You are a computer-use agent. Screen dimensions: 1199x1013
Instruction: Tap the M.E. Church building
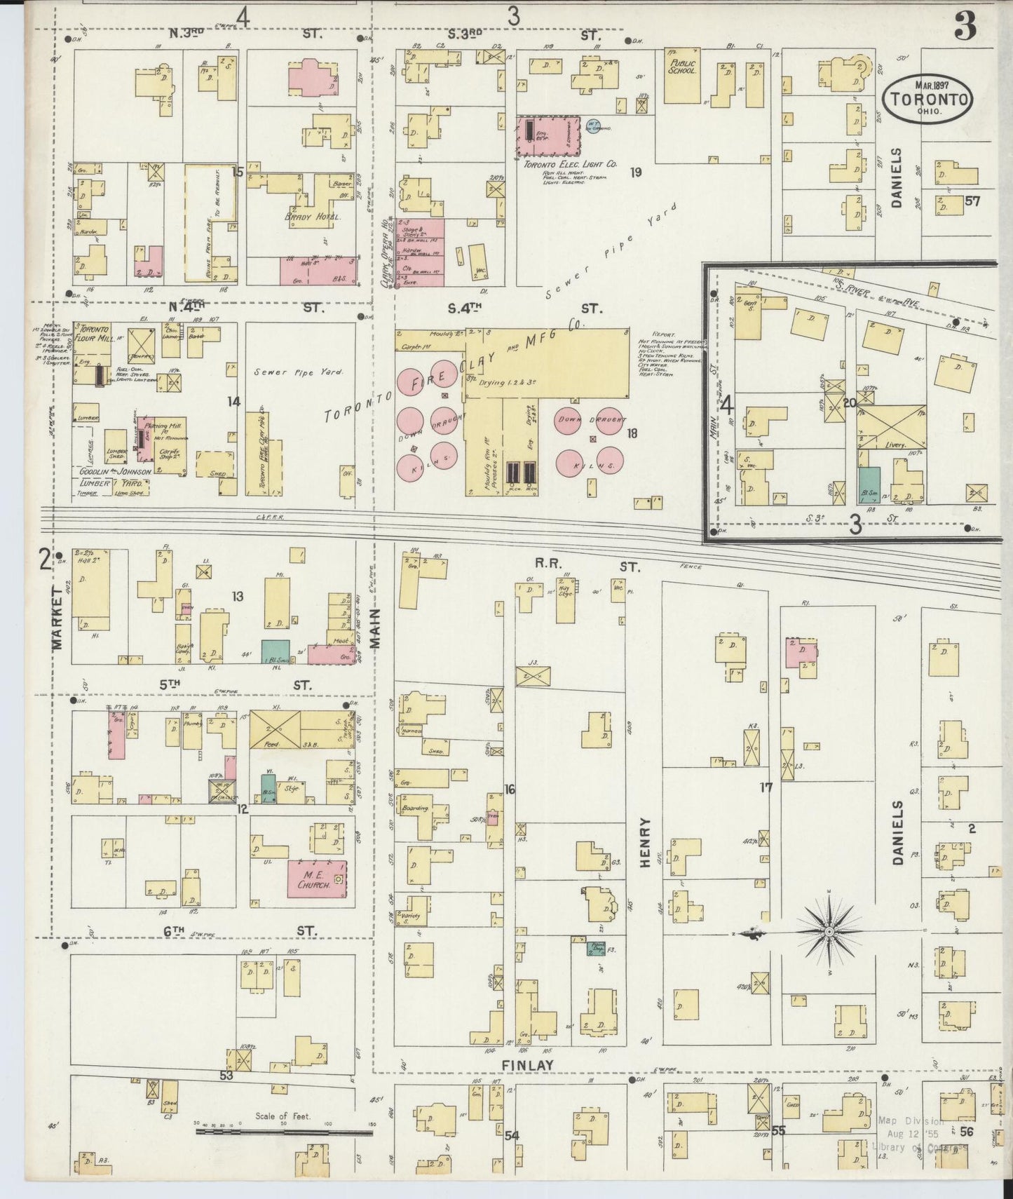(315, 879)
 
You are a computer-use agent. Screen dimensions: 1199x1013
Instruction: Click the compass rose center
(829, 932)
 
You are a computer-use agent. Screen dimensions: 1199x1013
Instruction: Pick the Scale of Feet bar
(283, 1131)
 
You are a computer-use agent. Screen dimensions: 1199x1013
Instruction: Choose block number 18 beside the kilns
(632, 433)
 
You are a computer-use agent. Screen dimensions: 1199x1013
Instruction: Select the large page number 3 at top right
(965, 27)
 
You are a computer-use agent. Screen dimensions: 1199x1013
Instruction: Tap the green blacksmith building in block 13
(276, 649)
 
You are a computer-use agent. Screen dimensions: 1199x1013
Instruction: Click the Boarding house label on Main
(416, 807)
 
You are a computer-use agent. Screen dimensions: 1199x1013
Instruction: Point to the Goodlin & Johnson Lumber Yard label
(112, 477)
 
